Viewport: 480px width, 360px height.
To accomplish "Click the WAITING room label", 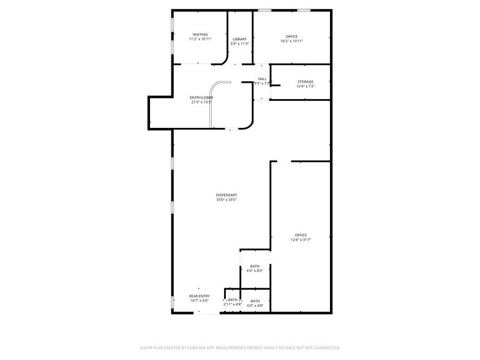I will (200, 34).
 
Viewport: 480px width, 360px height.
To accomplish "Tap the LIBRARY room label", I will (239, 39).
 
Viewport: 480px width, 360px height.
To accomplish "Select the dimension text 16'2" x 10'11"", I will (291, 41).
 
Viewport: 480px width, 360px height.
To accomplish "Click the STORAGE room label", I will (306, 81).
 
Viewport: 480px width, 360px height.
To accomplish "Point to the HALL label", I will (262, 79).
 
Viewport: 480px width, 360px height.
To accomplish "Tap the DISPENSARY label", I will (226, 195).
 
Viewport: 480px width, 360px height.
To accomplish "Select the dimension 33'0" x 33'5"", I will (226, 200).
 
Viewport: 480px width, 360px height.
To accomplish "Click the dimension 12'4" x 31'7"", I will (301, 240).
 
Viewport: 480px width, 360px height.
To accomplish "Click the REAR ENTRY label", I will (199, 296).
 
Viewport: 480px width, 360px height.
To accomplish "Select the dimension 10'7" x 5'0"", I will (199, 301).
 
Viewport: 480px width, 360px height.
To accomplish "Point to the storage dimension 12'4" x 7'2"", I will (306, 86).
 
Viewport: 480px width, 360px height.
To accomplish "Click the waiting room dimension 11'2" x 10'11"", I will (200, 39).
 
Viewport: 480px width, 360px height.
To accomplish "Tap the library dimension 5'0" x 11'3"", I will (239, 44).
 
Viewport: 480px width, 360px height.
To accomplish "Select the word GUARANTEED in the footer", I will (325, 347).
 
